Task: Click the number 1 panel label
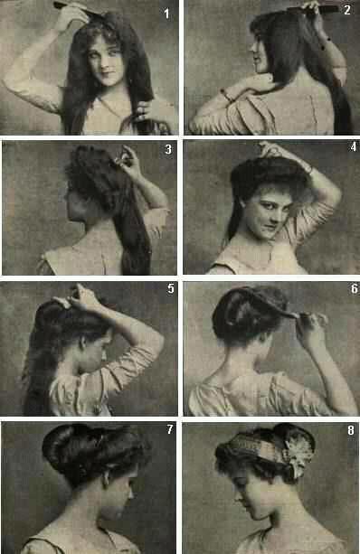coord(166,14)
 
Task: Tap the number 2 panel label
coord(347,10)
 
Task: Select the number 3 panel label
coord(168,149)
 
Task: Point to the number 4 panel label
coord(353,146)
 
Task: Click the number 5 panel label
coord(171,288)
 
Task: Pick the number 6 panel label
coord(354,288)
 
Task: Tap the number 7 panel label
coord(170,429)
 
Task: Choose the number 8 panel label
coord(350,430)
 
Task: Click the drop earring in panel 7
coord(106,481)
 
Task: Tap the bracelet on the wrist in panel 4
coord(309,169)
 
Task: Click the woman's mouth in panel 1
coord(108,74)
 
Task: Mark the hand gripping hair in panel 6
coord(310,324)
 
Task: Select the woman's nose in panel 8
coord(236,499)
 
